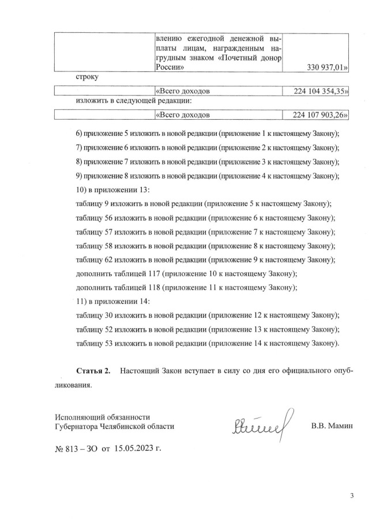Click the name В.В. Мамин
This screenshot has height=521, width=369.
click(x=332, y=427)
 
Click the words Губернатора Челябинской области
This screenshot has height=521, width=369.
click(x=114, y=427)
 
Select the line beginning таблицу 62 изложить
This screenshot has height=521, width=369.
click(x=205, y=260)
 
